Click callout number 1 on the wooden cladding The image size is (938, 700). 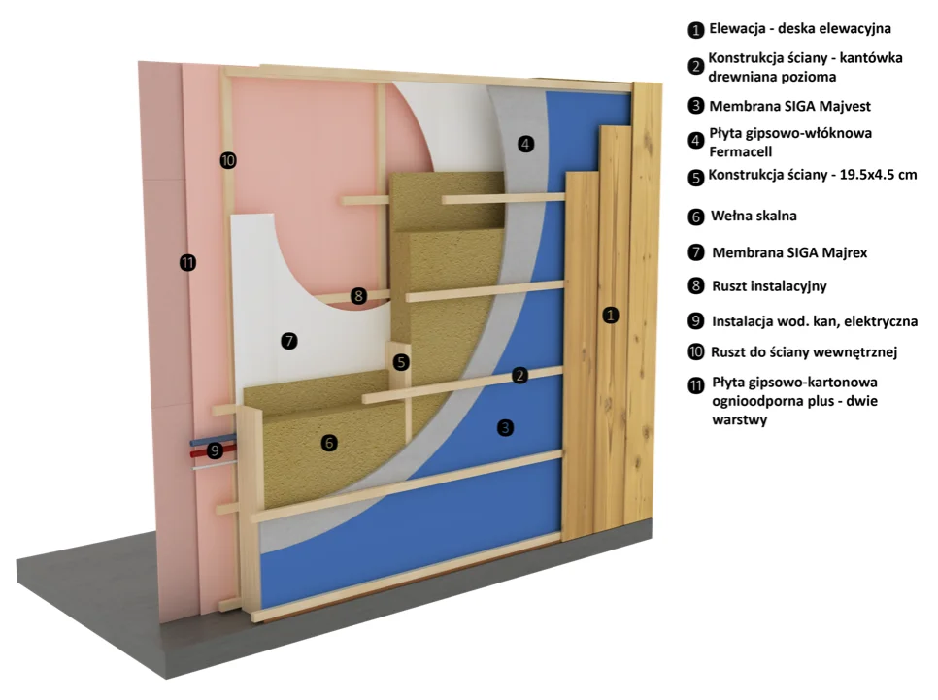pos(610,315)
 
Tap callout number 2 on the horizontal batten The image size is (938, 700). pos(519,376)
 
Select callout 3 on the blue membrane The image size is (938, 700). pos(506,428)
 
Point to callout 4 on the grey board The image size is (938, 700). pos(526,144)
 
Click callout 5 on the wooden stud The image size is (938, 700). pos(401,362)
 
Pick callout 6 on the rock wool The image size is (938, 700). pos(329,443)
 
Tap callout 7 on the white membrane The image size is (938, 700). pos(289,341)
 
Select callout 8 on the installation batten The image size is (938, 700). pos(358,295)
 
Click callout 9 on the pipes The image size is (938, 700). pos(215,450)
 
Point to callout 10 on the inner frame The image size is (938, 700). pos(228,160)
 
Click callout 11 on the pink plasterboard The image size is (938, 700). pos(187,262)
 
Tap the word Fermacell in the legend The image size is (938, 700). pos(741,152)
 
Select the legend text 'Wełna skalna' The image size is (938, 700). pos(754,216)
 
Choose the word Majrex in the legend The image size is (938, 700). pos(845,252)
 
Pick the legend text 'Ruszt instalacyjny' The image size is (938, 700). pos(769,286)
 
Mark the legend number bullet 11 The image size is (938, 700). pos(695,385)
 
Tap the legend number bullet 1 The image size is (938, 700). pos(695,30)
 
